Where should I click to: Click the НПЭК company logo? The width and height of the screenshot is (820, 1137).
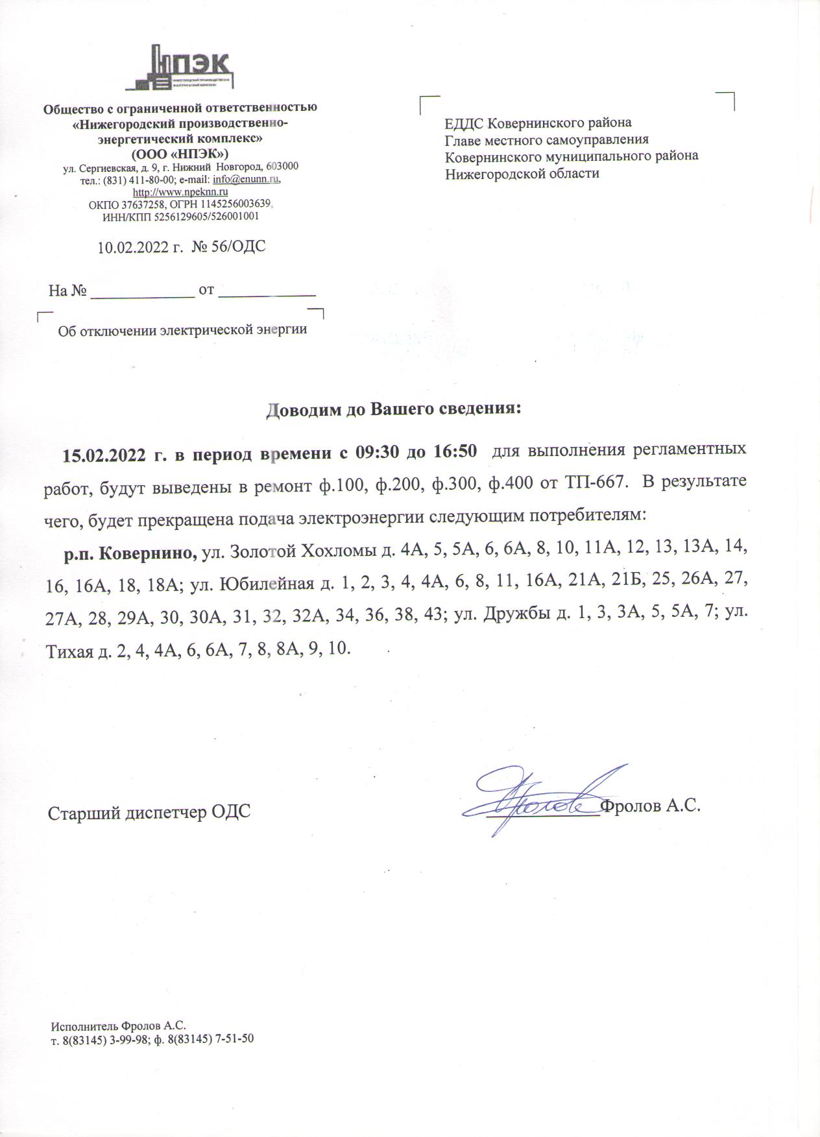click(180, 67)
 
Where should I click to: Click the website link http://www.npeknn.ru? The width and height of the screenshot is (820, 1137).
click(180, 192)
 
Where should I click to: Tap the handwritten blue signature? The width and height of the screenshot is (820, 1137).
click(545, 798)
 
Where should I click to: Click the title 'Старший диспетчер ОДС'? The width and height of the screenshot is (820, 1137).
click(149, 813)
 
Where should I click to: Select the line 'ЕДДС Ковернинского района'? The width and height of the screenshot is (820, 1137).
click(538, 123)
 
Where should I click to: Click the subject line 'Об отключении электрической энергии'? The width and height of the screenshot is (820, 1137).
click(182, 330)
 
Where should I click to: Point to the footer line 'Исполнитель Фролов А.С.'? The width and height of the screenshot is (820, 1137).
click(118, 1025)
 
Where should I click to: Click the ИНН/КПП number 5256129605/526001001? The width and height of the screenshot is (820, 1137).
click(206, 217)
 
